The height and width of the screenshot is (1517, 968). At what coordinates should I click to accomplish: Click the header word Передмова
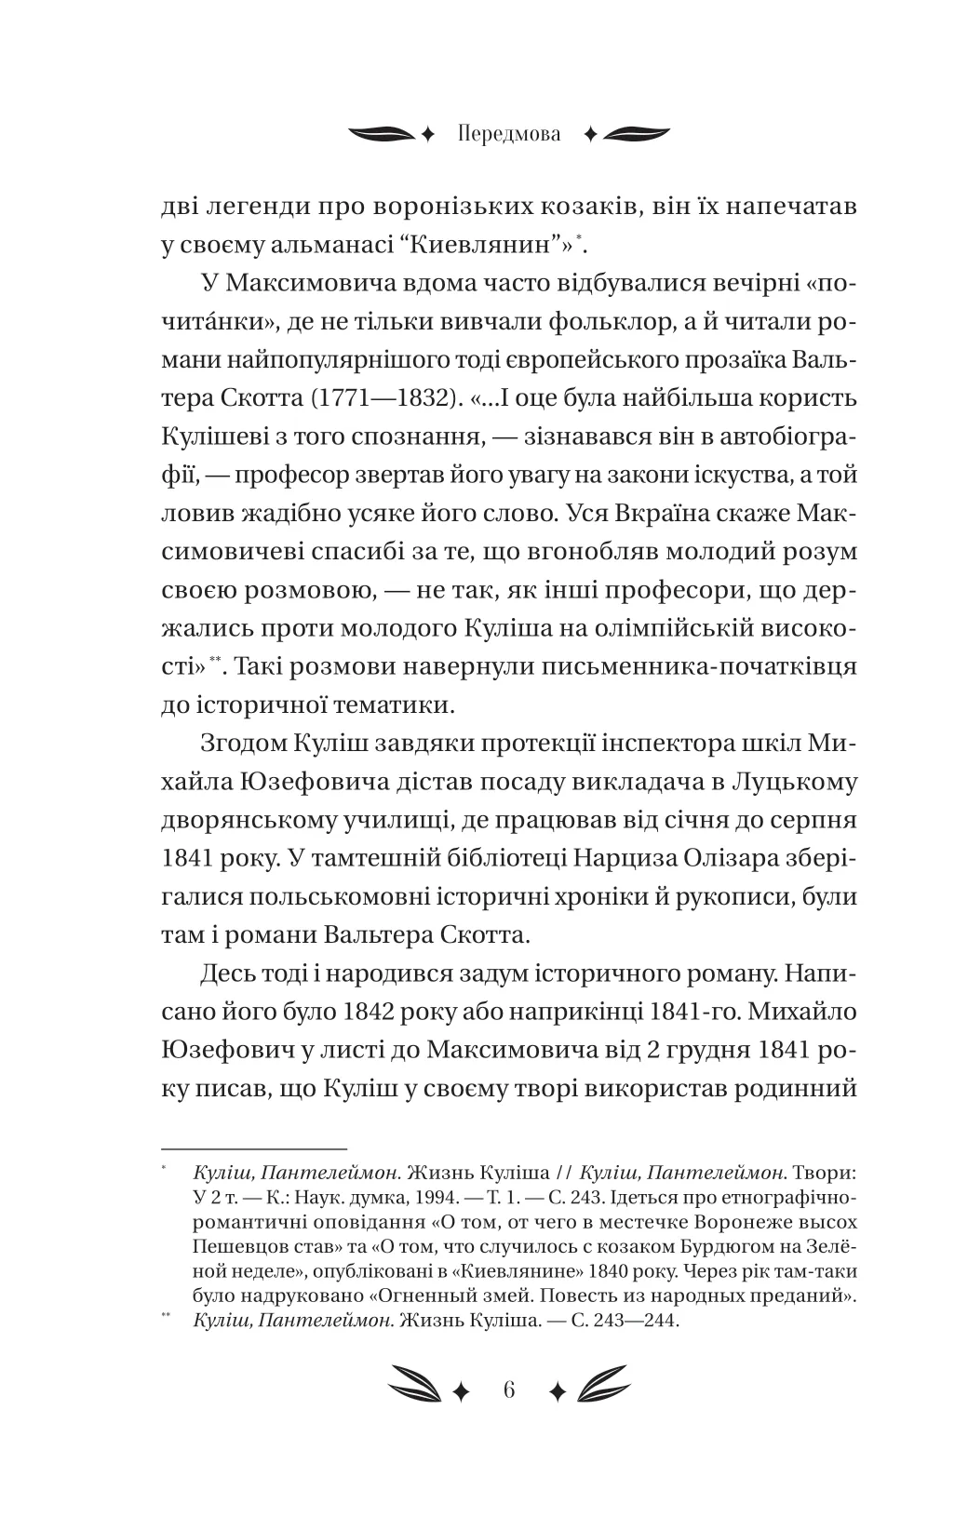[x=509, y=134]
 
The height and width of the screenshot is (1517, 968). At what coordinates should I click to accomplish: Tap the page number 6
[x=508, y=1390]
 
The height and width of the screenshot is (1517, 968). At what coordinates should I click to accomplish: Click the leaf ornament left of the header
[x=380, y=134]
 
